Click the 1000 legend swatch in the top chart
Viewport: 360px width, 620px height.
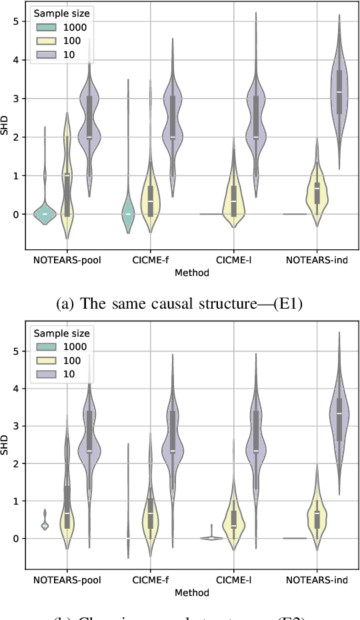[46, 27]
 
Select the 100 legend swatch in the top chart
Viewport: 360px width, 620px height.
[46, 41]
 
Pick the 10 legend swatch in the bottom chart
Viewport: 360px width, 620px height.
[46, 375]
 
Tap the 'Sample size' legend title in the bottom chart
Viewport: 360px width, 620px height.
[62, 333]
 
